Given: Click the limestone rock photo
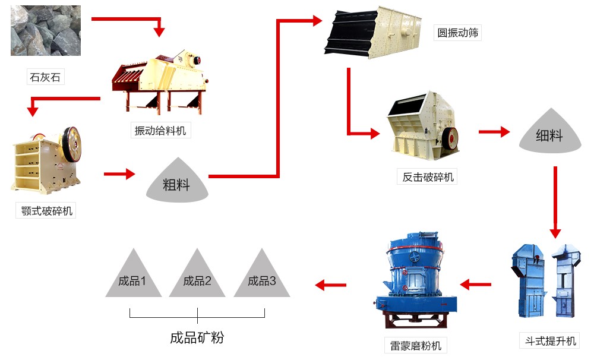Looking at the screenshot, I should coord(46,31).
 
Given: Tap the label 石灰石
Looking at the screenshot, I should coord(45,77).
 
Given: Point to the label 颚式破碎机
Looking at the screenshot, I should coord(46,211).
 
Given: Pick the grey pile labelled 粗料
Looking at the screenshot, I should coord(176,181).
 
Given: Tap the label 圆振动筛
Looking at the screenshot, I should coord(458,33).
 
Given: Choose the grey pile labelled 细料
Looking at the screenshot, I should coord(549,132).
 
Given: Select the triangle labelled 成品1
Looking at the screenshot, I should coord(132,277).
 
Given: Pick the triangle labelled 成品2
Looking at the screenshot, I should coord(197,277).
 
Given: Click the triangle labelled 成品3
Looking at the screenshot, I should coord(262,277).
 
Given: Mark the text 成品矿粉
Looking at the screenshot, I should coord(197,338).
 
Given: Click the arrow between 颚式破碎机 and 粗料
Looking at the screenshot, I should coord(119,174).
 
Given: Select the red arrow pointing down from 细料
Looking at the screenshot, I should coord(555,202).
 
